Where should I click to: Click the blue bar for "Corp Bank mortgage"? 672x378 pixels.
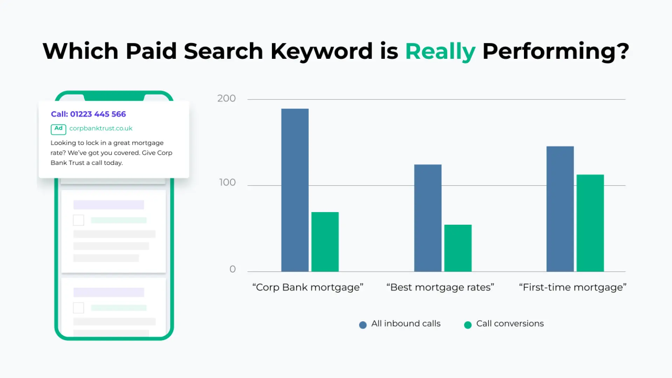(x=295, y=190)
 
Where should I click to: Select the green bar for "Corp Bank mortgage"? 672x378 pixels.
(x=325, y=242)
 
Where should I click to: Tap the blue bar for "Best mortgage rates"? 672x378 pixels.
(x=428, y=218)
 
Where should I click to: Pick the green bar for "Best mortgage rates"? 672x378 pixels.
(x=458, y=248)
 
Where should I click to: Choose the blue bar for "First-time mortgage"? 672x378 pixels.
(x=560, y=209)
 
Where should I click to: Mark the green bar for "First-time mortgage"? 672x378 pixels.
(x=590, y=223)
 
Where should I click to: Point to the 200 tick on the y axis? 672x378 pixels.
(x=226, y=98)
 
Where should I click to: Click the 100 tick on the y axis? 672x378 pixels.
(x=227, y=182)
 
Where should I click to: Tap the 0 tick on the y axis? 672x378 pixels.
(x=233, y=269)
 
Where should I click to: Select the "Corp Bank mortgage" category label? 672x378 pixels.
(x=308, y=287)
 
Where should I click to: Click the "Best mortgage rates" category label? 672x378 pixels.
(x=440, y=287)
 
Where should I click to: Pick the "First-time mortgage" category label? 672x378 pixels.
(x=573, y=287)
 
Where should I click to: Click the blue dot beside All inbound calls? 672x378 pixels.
(x=363, y=325)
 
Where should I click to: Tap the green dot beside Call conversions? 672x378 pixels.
(x=468, y=325)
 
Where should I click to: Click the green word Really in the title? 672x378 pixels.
(x=440, y=51)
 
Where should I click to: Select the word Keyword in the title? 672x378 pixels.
(x=322, y=51)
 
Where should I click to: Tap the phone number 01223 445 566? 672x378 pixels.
(x=98, y=114)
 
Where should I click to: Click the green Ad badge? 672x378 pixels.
(x=58, y=129)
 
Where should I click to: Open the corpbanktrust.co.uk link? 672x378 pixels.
(x=101, y=128)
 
